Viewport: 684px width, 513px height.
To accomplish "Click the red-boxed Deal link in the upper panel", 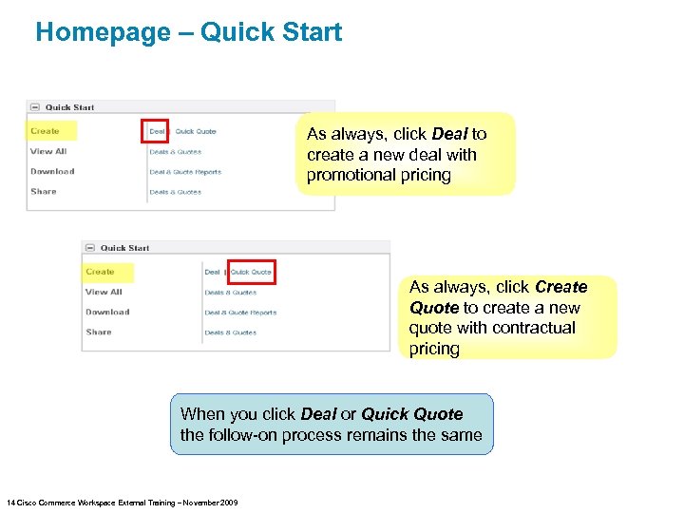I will tap(156, 131).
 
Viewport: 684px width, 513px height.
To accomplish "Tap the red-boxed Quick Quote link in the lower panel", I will tap(252, 272).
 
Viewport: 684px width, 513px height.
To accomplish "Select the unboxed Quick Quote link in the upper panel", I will tap(196, 131).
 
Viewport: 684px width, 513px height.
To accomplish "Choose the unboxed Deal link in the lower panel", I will tap(212, 272).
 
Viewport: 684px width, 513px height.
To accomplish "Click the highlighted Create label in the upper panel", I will tap(45, 131).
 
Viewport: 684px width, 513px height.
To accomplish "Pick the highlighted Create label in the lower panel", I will tap(100, 272).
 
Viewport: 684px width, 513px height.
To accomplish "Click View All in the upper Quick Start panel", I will tap(48, 151).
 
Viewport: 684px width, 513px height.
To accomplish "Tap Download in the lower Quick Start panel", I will tap(107, 312).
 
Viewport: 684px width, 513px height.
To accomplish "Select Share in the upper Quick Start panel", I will tap(44, 191).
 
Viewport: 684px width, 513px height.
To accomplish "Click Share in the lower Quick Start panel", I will tap(99, 332).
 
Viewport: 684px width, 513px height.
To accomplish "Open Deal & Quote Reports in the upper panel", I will tap(185, 172).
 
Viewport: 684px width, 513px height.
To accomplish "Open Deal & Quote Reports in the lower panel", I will tap(240, 313).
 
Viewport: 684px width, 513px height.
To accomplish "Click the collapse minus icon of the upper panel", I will tap(35, 107).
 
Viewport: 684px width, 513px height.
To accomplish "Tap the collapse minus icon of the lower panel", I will tap(90, 248).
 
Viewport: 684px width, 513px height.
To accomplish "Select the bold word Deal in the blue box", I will tap(318, 414).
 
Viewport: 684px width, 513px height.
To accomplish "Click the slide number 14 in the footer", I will tap(9, 502).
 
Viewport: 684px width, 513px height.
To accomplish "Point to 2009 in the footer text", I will tap(228, 502).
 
